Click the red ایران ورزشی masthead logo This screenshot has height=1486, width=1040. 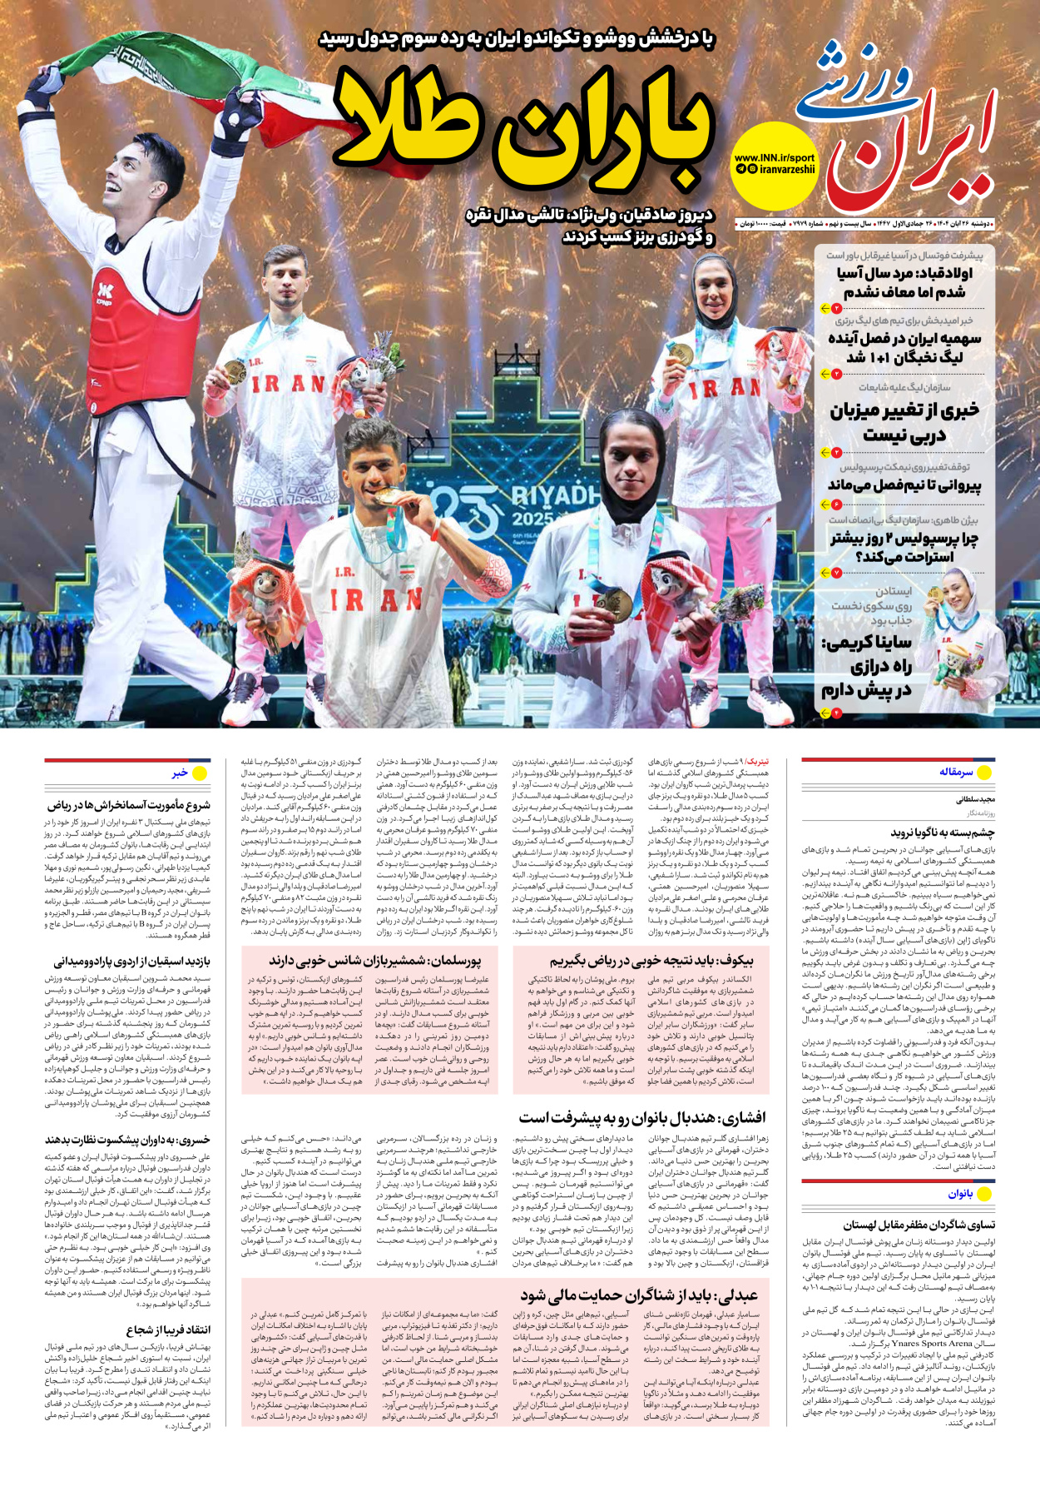click(x=899, y=125)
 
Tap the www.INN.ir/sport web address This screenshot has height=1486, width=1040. click(x=774, y=157)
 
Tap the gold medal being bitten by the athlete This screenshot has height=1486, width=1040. click(x=384, y=496)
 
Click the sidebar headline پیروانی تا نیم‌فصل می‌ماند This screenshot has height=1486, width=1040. click(x=904, y=485)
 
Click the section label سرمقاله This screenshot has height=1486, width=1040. click(x=956, y=772)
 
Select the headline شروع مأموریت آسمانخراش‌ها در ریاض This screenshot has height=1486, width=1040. click(x=129, y=805)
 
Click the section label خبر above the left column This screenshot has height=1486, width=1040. click(x=180, y=773)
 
